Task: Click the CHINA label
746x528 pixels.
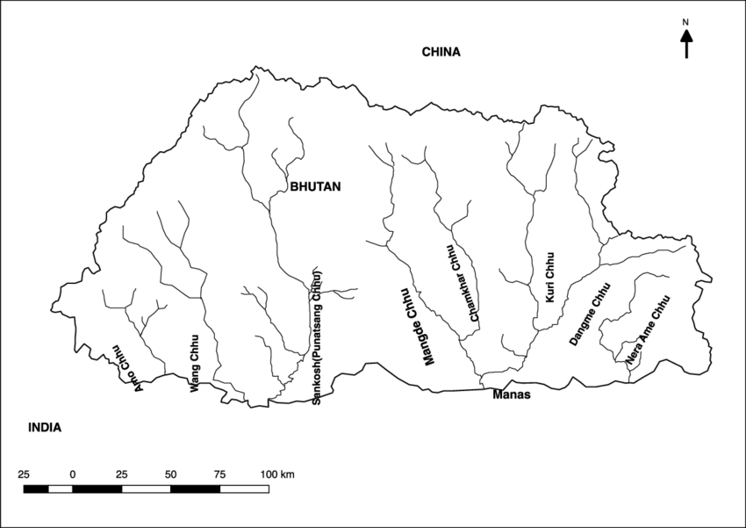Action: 441,52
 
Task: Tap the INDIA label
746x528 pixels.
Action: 44,428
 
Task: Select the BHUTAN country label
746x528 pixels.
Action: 315,186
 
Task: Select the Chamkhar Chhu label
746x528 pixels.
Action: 463,284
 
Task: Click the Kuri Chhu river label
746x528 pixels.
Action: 550,278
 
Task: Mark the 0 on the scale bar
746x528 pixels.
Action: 73,474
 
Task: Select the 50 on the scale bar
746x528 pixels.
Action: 170,474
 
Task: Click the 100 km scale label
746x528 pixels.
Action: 276,474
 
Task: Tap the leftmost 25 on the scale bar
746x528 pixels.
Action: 24,474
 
